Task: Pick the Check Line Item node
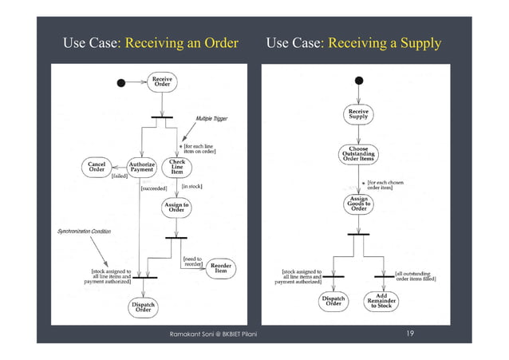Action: (177, 167)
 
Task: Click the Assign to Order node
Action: (176, 208)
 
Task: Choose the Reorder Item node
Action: (221, 268)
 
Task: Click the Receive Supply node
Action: (358, 113)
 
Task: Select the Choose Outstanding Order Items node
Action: (358, 153)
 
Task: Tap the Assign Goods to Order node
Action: (358, 204)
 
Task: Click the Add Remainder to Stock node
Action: (381, 300)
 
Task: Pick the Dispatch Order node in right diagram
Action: (334, 300)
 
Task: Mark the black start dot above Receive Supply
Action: (359, 81)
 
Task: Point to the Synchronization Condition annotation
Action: (83, 231)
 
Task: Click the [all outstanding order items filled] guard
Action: (415, 275)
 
